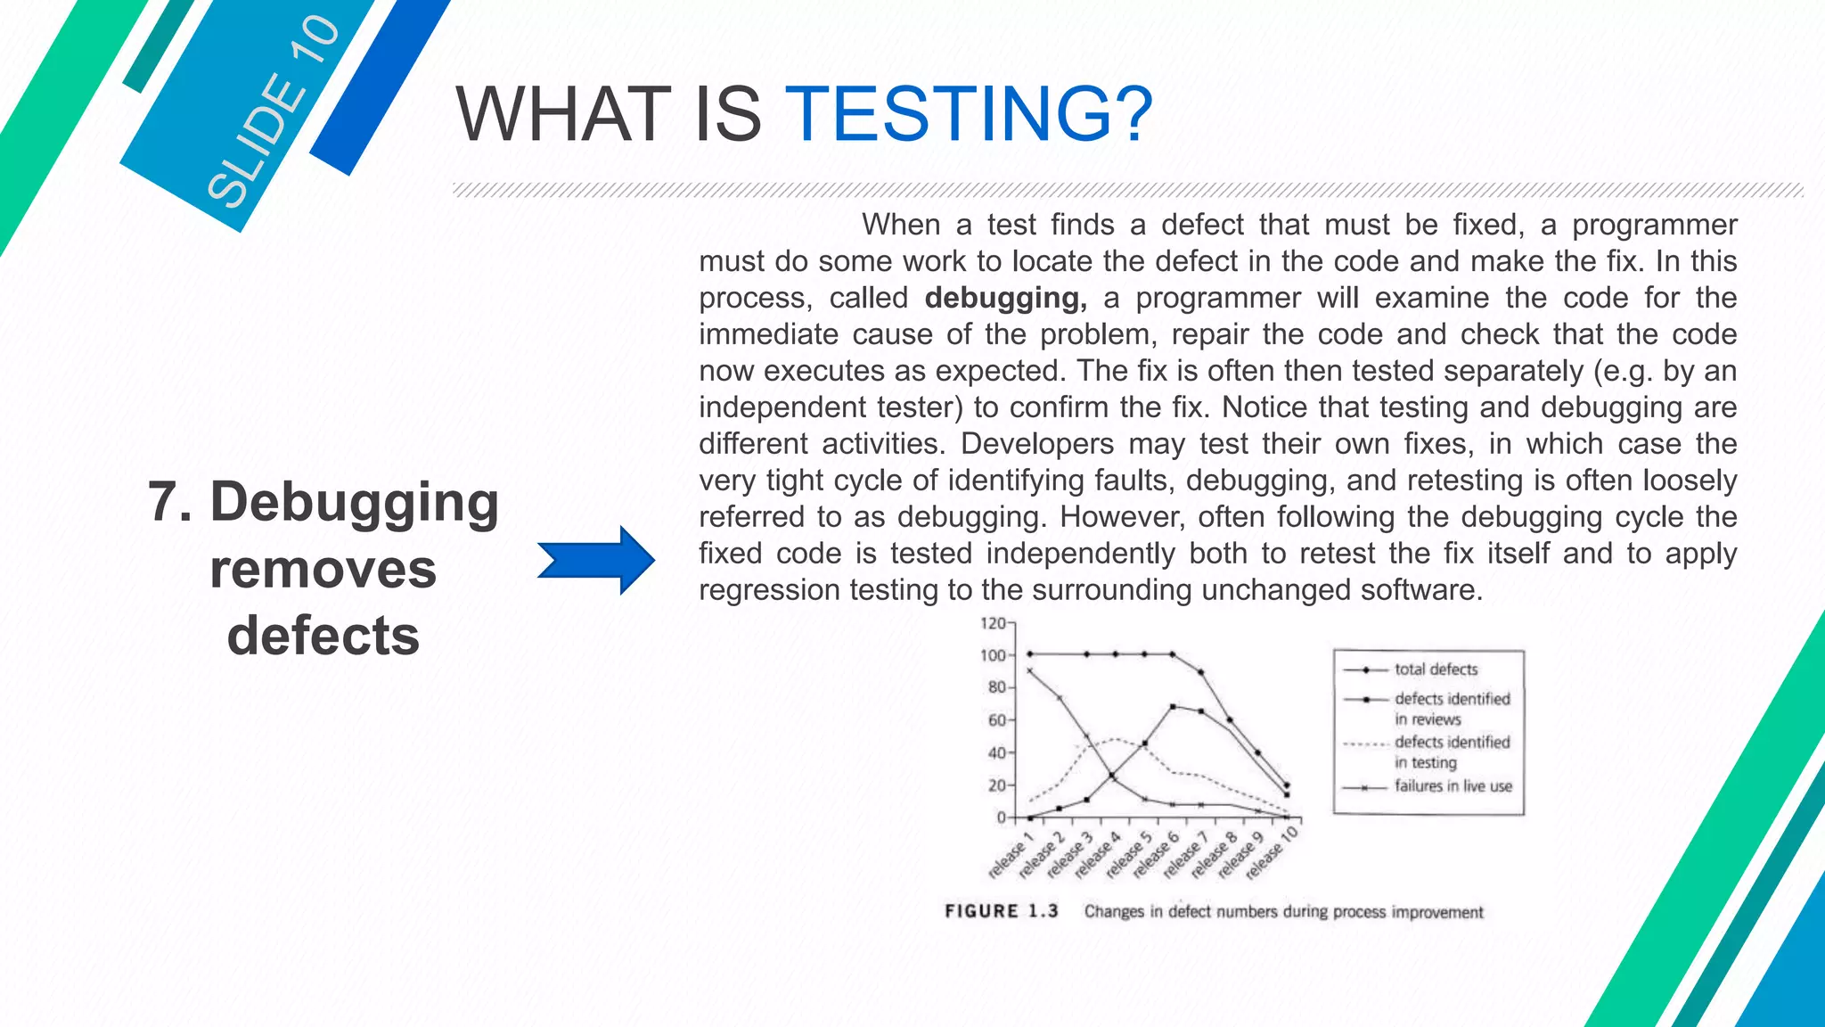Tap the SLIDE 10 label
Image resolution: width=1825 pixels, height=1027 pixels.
click(273, 112)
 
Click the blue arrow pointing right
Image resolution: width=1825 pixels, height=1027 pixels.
click(596, 560)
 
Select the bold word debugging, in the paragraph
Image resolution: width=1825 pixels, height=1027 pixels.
click(1005, 298)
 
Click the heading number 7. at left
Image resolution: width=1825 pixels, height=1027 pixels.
click(170, 502)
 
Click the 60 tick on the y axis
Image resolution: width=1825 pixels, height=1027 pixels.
click(997, 720)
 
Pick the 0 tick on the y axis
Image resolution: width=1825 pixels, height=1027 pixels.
click(1002, 817)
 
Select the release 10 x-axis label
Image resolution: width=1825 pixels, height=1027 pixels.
click(1273, 852)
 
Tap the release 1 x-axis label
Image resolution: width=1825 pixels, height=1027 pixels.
click(1011, 854)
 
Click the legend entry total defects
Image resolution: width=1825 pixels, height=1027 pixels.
click(1436, 670)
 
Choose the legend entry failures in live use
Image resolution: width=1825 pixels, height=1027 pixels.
click(1453, 786)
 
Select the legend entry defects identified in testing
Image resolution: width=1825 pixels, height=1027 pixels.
click(1452, 752)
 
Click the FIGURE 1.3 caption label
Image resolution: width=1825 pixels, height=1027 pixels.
click(1002, 911)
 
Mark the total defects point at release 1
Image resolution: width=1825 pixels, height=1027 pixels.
click(1030, 654)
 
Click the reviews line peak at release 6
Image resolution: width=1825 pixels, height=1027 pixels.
click(1173, 707)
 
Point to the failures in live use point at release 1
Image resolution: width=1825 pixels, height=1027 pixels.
click(1030, 670)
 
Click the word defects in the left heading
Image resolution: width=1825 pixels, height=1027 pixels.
click(323, 636)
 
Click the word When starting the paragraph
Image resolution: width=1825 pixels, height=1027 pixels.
click(900, 225)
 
